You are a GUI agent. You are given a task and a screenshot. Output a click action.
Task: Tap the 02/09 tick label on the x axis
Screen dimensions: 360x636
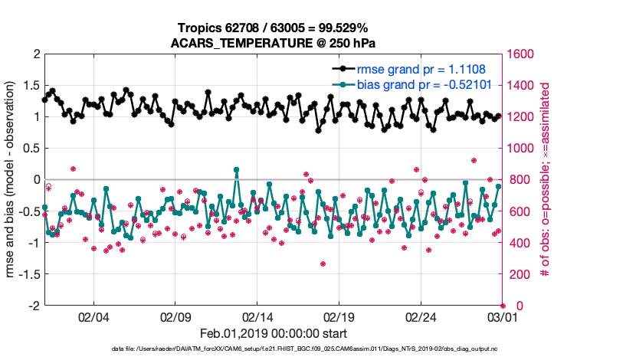point(175,317)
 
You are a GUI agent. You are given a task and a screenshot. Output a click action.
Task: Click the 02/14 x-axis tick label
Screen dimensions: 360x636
point(257,317)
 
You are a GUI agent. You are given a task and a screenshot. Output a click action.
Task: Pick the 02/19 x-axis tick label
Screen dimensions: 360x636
point(339,317)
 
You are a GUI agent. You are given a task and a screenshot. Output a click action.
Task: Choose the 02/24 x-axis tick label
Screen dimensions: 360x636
point(421,317)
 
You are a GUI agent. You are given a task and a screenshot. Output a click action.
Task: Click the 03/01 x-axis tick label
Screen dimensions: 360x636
point(502,317)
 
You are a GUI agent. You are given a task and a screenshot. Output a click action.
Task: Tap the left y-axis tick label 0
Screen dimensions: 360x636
point(36,179)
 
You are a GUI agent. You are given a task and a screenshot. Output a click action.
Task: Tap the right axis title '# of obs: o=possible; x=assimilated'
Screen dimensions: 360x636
point(546,180)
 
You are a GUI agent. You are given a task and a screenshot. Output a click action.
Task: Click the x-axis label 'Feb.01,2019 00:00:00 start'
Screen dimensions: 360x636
point(274,334)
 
